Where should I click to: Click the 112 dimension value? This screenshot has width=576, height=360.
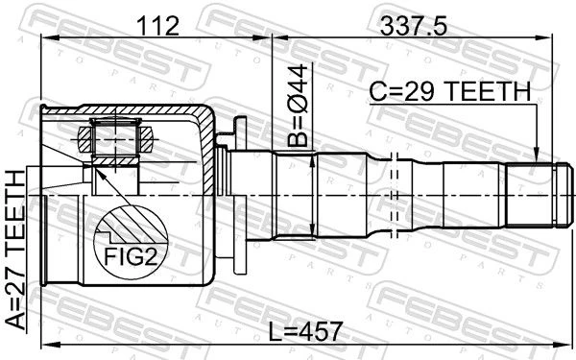pos(157,27)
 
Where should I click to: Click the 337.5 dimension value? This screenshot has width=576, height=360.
pos(414,27)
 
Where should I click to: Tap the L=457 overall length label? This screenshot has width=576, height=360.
pos(305,331)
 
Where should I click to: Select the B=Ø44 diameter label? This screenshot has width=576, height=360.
pos(298,106)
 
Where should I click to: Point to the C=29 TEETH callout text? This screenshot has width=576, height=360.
pos(450,92)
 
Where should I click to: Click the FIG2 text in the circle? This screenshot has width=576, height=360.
pos(131,256)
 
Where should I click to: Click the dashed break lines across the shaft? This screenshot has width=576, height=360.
pos(395,196)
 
